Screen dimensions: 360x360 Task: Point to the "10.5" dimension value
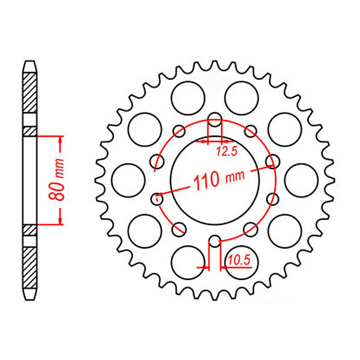pyautogui.click(x=240, y=260)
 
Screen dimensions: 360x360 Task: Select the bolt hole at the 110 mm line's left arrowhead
pyautogui.click(x=157, y=196)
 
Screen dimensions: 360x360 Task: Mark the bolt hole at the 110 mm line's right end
pyautogui.click(x=272, y=163)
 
